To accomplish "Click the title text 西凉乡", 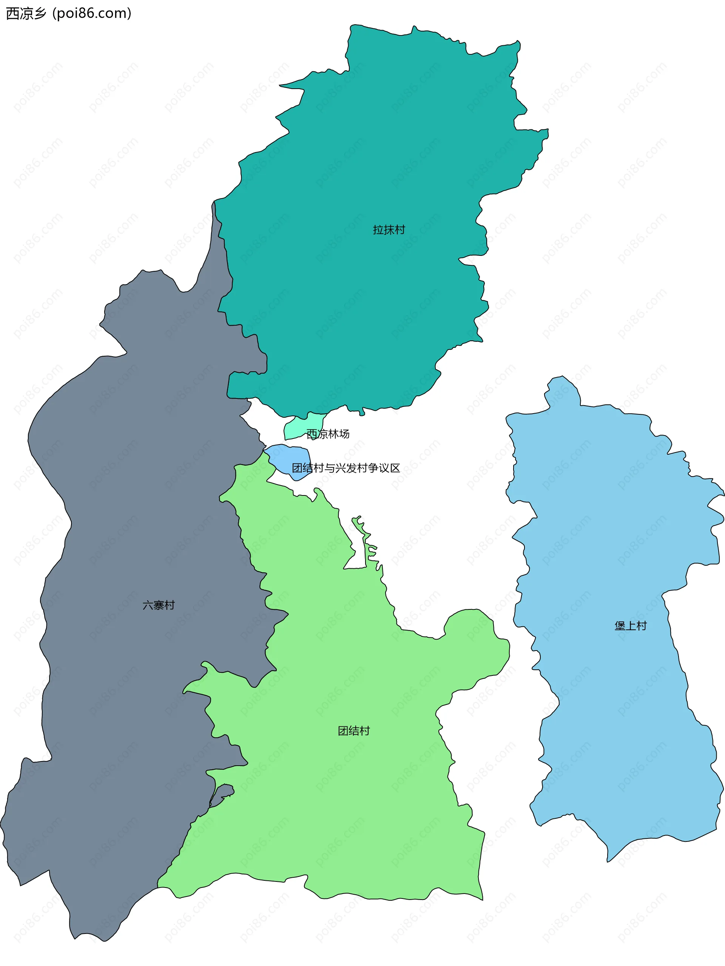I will [26, 14].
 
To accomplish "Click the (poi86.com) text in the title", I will [92, 14].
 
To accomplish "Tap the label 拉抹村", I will [389, 230].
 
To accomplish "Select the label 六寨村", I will [158, 605].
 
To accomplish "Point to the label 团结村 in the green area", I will [353, 731].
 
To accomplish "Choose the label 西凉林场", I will [328, 434].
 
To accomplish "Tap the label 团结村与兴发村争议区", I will [346, 468].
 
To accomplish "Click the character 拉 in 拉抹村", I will [378, 230].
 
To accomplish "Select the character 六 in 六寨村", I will [148, 605].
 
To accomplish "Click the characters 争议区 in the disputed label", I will [384, 468].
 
